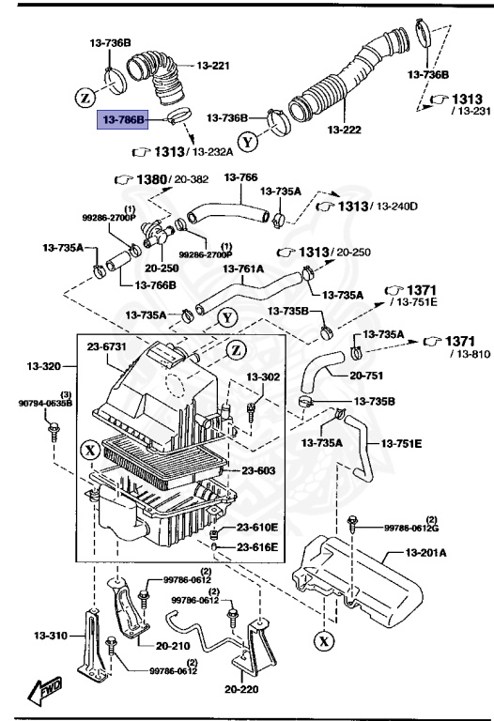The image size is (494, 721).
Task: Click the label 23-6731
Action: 107,346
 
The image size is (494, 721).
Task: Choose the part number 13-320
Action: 45,365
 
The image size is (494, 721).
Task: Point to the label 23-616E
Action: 257,546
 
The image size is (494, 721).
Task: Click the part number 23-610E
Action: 257,528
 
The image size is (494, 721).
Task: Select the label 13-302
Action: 264,376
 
